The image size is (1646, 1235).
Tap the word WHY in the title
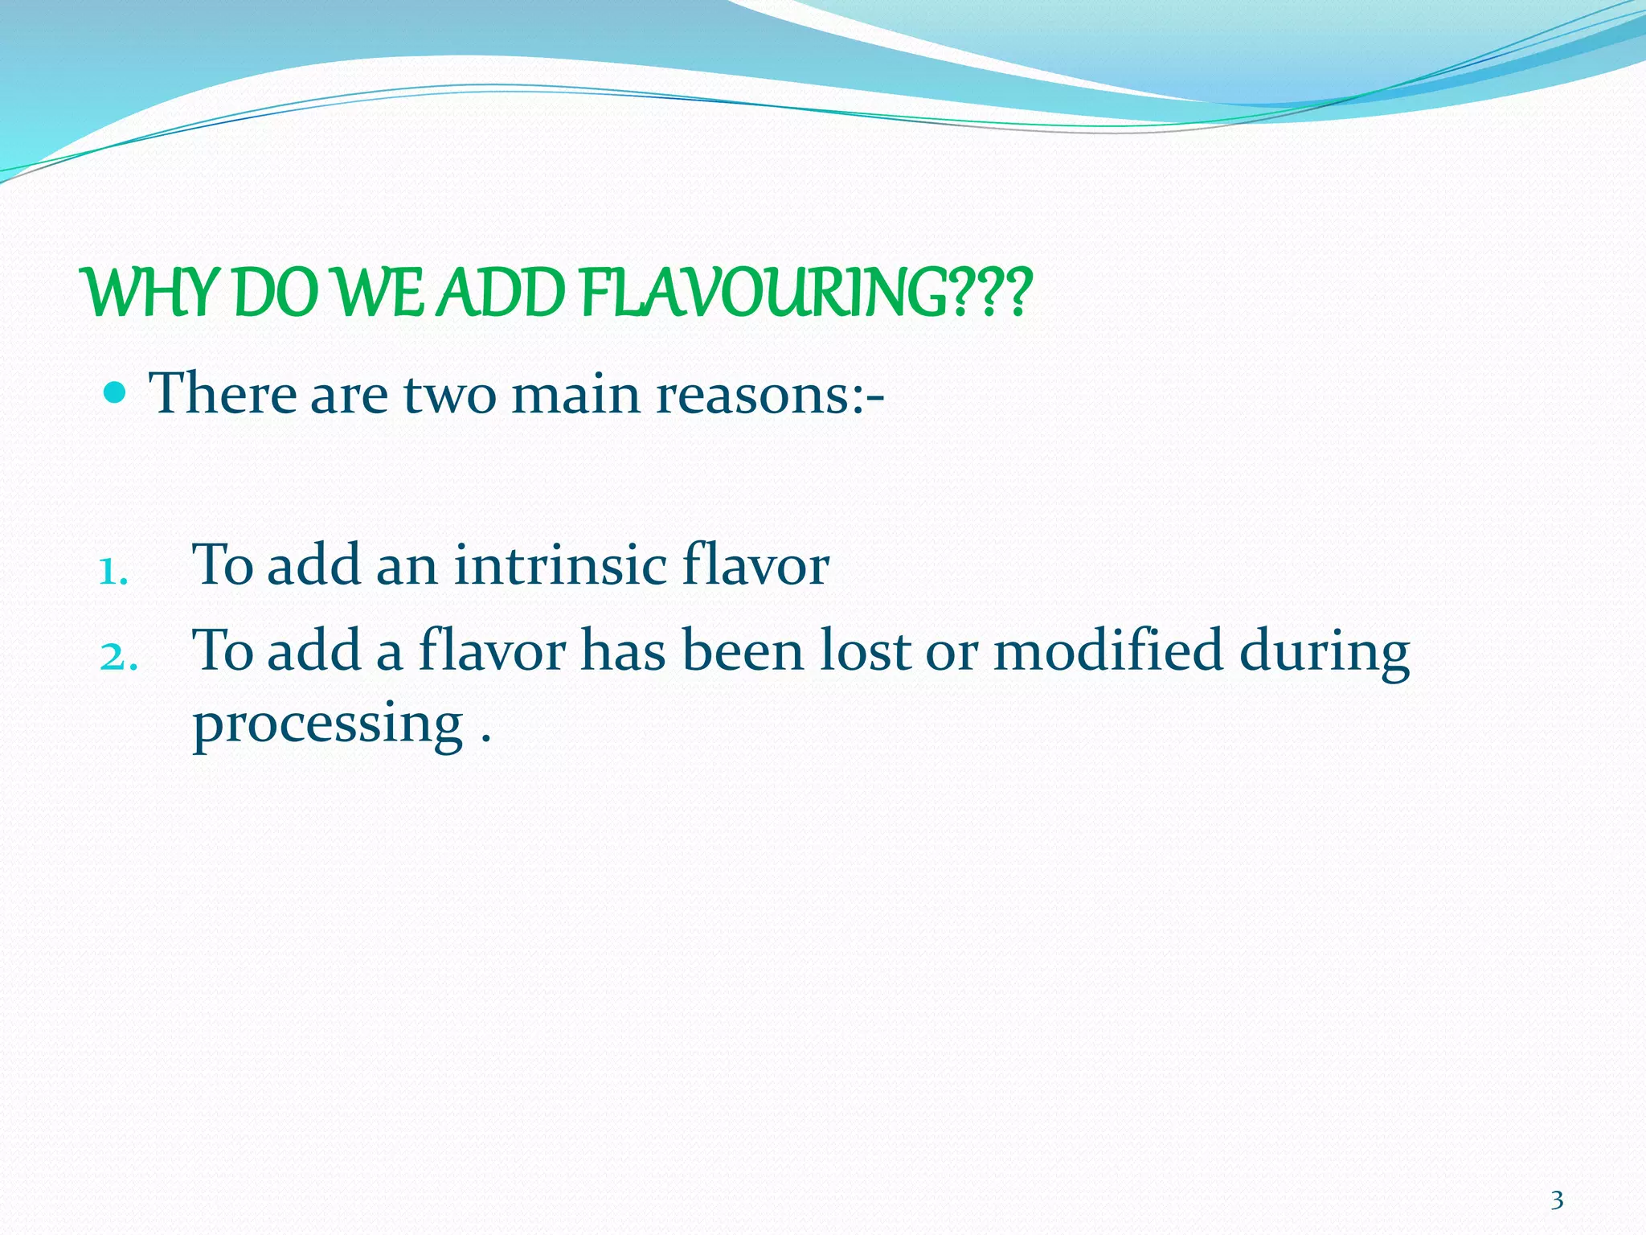(149, 294)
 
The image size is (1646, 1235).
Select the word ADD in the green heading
(505, 294)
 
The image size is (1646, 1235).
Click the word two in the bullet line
(449, 395)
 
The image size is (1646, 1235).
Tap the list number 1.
(113, 572)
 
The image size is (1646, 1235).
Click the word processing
(328, 724)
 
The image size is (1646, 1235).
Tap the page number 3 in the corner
(1557, 1200)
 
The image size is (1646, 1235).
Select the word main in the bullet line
(576, 395)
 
